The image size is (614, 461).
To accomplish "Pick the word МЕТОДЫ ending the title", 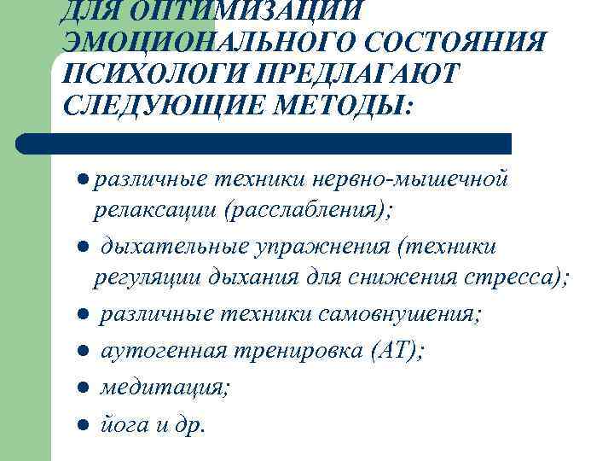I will (x=350, y=108).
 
